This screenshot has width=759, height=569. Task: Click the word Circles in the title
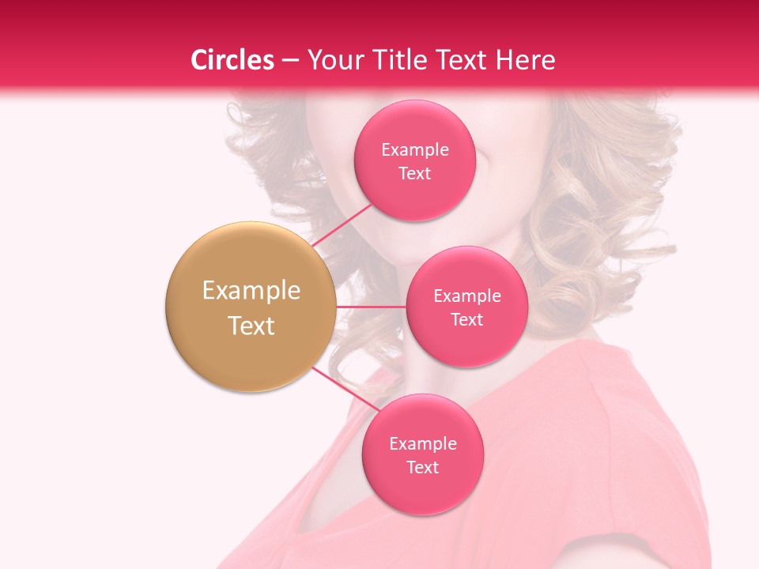tap(232, 60)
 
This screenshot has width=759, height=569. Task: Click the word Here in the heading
tap(525, 60)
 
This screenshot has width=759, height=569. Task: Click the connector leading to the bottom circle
tap(345, 390)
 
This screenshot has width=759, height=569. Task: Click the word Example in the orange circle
tap(251, 291)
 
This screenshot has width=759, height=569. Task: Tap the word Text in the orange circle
tap(251, 326)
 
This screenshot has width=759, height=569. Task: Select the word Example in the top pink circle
tap(414, 149)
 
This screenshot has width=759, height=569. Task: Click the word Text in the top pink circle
tap(414, 173)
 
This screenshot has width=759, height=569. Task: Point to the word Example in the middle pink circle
tap(466, 296)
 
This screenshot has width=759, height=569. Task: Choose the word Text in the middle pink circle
tap(466, 319)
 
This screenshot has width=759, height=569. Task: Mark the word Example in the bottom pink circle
tap(422, 443)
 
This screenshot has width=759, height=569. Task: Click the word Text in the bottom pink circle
tap(422, 467)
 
